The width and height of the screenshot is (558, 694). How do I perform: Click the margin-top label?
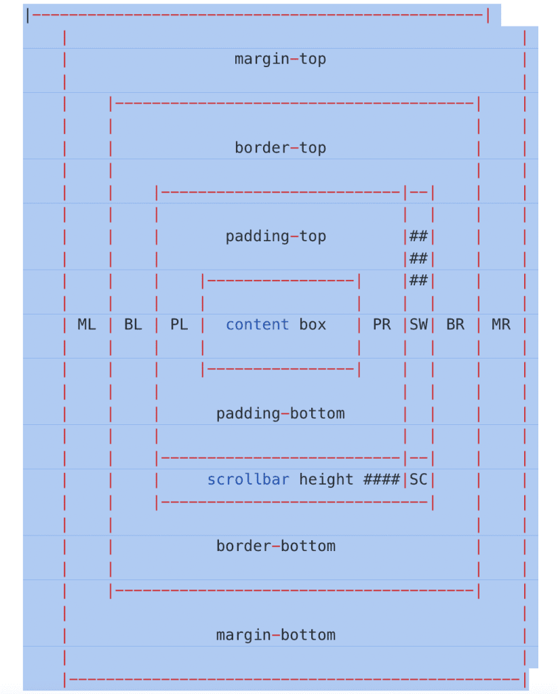280,59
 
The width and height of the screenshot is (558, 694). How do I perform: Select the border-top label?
280,148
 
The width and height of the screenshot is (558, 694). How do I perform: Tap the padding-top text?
275,237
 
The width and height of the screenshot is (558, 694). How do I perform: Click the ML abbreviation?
87,325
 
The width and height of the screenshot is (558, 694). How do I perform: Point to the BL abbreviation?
133,325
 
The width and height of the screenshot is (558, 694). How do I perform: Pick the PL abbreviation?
179,325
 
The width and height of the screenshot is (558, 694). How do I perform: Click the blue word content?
257,325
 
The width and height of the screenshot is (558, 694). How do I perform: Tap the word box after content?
313,325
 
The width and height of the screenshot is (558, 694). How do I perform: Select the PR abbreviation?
382,325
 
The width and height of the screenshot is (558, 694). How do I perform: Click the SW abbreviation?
418,325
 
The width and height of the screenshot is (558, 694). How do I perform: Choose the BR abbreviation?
455,325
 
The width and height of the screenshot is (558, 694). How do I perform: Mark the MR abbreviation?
501,325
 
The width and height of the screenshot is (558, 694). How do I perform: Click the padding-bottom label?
280,413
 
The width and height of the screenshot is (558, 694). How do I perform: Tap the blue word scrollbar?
248,480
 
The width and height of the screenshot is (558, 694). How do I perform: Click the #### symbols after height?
381,480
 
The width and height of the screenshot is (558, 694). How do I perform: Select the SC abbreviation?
418,480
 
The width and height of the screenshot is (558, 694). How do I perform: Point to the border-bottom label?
275,546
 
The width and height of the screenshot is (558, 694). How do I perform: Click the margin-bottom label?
275,635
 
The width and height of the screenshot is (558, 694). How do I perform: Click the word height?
326,480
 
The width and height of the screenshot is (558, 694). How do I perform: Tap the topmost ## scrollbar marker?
418,237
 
